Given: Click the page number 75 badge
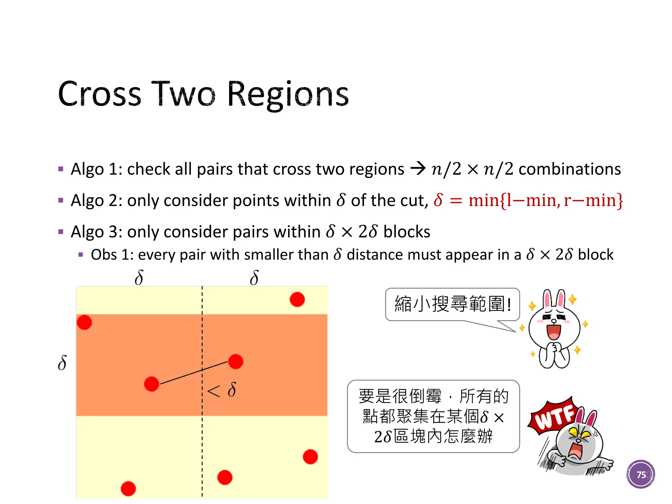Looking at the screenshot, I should click(x=640, y=474).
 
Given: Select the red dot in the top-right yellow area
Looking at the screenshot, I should click(x=297, y=300).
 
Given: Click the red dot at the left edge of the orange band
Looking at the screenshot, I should click(x=84, y=322).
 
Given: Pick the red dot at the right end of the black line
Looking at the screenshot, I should click(x=236, y=362).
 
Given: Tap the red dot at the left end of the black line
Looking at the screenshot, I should click(x=152, y=384).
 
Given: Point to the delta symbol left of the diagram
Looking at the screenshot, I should click(x=62, y=363).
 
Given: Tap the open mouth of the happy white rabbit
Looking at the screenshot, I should click(x=554, y=331).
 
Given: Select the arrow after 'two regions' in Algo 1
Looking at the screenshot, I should click(x=418, y=169).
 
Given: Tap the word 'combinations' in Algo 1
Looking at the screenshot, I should click(x=570, y=169).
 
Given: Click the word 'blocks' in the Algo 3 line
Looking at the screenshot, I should click(x=407, y=232).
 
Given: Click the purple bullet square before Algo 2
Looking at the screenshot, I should click(x=61, y=200).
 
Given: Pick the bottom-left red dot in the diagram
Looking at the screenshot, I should click(x=128, y=489).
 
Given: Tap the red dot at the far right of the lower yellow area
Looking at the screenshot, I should click(x=310, y=457).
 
